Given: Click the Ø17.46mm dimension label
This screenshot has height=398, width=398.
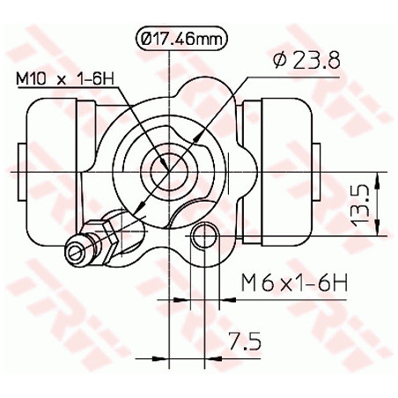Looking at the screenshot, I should point(181,38).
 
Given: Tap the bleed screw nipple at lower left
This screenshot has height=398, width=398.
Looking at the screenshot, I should point(80,250).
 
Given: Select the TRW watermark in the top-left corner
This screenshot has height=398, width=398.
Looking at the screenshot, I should point(26,35).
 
